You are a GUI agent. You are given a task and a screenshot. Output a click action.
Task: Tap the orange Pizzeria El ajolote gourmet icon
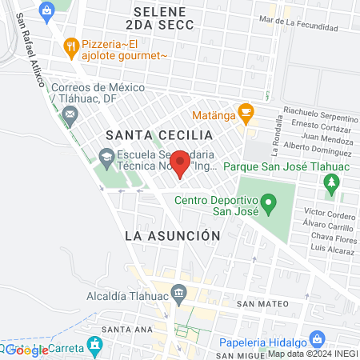point(71,46)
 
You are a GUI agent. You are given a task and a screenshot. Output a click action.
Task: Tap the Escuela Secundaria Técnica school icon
point(105,155)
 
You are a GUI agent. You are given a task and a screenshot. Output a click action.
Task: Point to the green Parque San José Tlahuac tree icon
point(330,186)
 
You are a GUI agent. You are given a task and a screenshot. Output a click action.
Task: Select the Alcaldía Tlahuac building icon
point(178,292)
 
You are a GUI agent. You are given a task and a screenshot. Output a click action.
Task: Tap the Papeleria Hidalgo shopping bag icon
point(318,338)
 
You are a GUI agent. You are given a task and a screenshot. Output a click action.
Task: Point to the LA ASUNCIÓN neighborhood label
point(172,236)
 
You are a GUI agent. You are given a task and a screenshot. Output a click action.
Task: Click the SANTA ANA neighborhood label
point(122,330)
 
